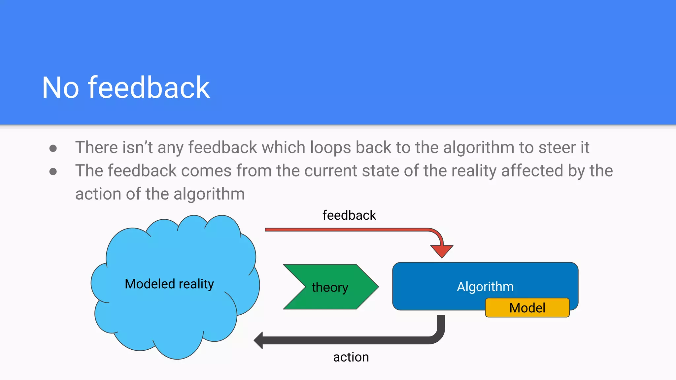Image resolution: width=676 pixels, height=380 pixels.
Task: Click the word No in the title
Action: pos(61,88)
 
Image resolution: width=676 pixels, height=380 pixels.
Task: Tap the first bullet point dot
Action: pos(53,148)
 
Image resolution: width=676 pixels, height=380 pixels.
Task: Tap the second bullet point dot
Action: pos(53,172)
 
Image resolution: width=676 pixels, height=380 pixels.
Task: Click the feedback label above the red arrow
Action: pos(349,215)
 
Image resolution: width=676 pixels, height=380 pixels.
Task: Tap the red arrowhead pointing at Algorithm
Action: pos(442,251)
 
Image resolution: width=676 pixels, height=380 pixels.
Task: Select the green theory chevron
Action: pos(330,287)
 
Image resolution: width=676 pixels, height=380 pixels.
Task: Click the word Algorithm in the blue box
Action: pos(485,287)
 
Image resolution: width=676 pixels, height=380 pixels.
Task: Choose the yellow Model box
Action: pos(527,308)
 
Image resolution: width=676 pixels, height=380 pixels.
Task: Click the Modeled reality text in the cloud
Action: pos(169,284)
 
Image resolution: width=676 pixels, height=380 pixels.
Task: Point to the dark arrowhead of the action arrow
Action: pos(258,340)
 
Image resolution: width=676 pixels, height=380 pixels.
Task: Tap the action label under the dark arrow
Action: pos(351,357)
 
